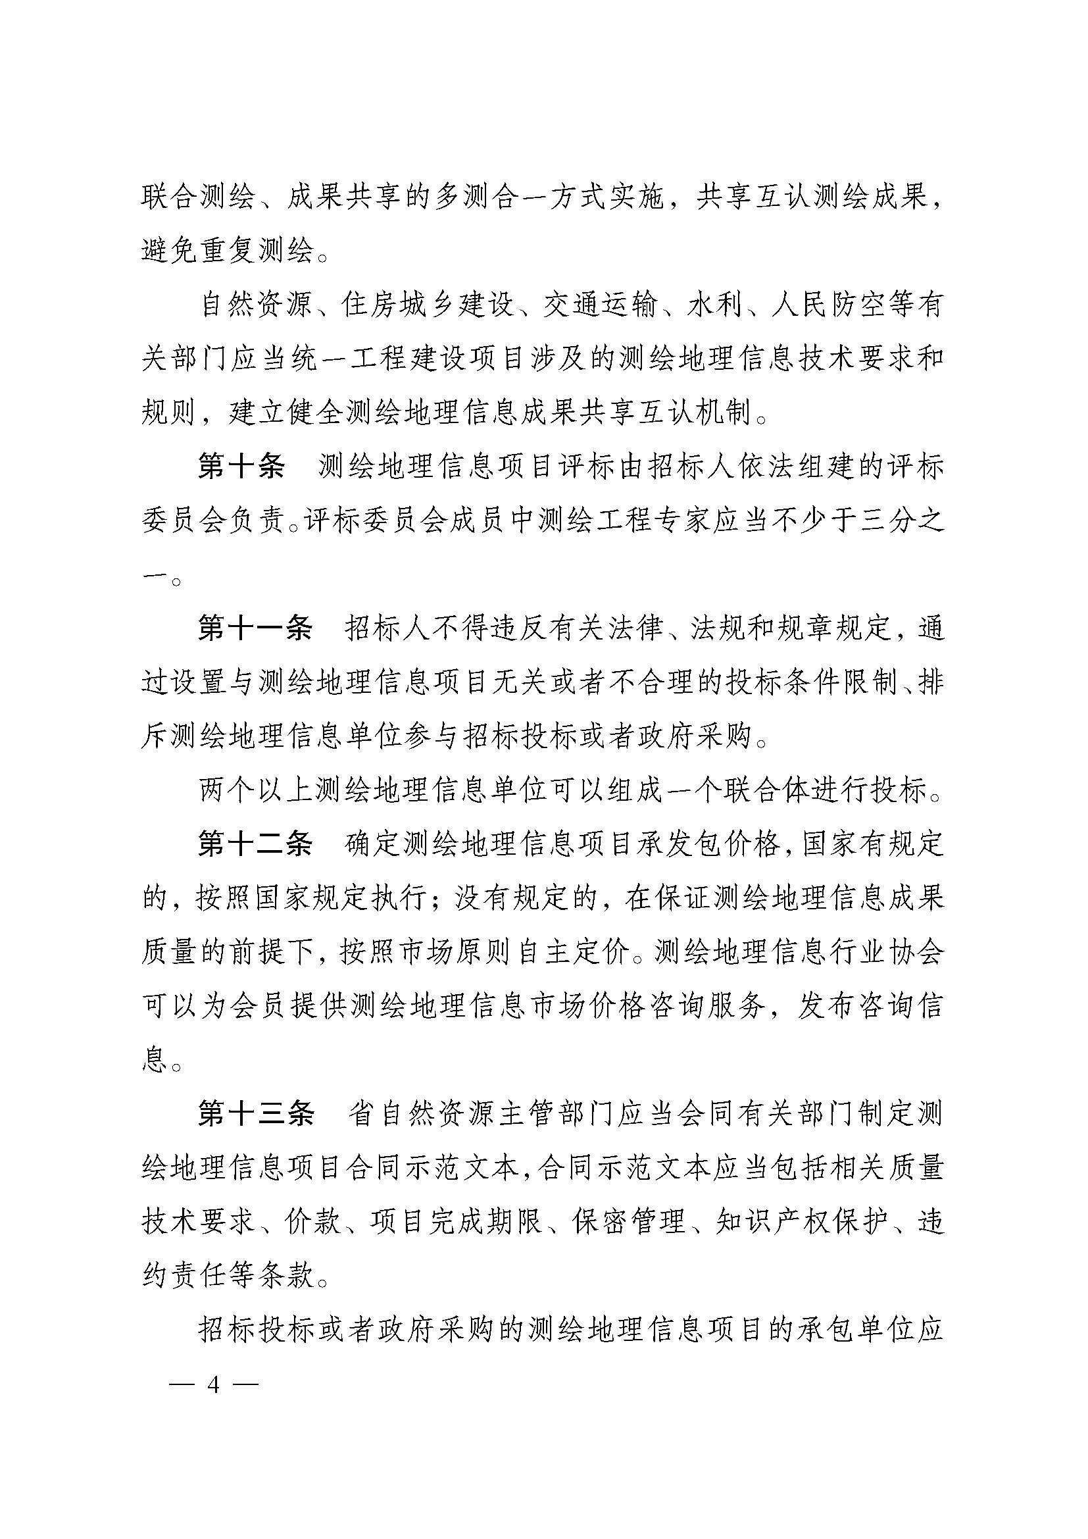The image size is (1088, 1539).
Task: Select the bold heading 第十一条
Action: (x=255, y=629)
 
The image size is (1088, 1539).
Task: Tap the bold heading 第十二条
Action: (x=255, y=844)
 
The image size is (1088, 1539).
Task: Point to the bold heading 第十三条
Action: (x=255, y=1113)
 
